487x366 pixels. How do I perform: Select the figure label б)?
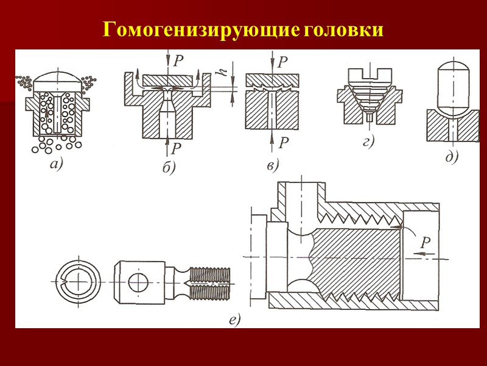[x=169, y=168]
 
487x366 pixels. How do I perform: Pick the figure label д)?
[x=451, y=157]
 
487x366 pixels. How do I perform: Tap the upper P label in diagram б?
[x=178, y=60]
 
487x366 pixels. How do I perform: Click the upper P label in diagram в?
[x=283, y=62]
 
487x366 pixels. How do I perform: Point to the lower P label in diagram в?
[x=284, y=143]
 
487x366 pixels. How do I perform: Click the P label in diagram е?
[x=426, y=242]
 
